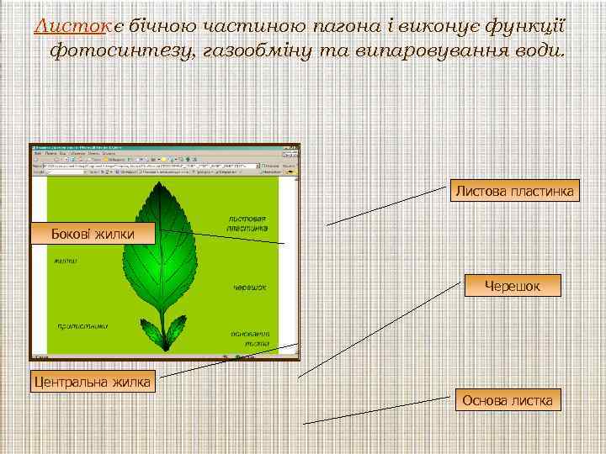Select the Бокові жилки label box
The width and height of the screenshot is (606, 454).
click(x=93, y=233)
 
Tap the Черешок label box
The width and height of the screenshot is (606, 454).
click(x=512, y=286)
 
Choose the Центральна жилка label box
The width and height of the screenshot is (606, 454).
click(x=91, y=383)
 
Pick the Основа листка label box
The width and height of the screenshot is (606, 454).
click(x=508, y=400)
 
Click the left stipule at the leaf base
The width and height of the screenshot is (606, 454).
click(x=150, y=330)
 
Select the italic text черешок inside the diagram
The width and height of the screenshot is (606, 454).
click(x=249, y=287)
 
